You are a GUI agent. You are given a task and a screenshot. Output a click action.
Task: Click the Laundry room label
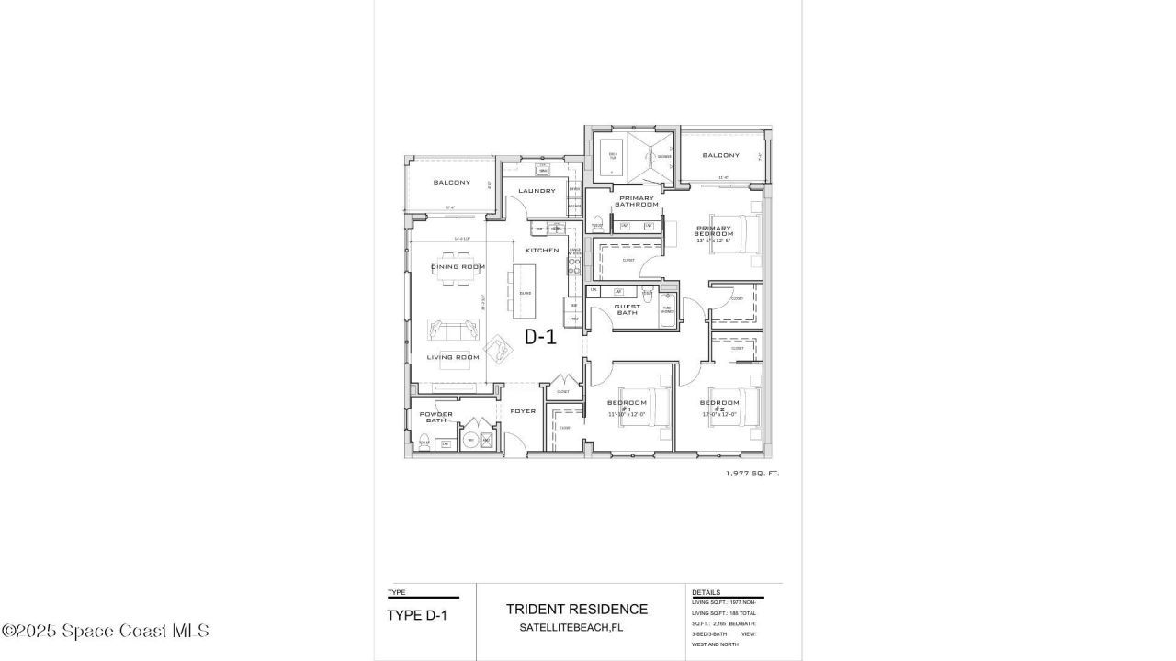click(537, 191)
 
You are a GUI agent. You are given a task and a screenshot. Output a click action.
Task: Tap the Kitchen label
click(542, 250)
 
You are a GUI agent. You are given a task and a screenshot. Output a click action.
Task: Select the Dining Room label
click(458, 267)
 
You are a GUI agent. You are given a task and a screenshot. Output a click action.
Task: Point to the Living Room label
click(454, 357)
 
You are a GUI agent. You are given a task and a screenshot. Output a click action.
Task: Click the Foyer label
click(523, 411)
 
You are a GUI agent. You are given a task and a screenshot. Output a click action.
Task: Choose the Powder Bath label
click(436, 417)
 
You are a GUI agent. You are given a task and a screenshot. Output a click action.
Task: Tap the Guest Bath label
click(628, 309)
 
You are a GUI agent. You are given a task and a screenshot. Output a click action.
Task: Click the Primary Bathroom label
click(636, 201)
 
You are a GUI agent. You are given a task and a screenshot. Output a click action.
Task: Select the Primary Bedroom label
click(714, 230)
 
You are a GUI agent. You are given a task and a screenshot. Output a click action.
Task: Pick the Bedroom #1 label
click(628, 406)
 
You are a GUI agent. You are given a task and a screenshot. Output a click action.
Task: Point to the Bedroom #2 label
click(719, 406)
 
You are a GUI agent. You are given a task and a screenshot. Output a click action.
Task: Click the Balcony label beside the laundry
click(452, 182)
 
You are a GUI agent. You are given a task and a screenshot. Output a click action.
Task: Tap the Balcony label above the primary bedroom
click(721, 155)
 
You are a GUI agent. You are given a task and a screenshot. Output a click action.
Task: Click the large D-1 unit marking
click(540, 337)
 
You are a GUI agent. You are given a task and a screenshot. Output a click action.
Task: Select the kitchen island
click(525, 291)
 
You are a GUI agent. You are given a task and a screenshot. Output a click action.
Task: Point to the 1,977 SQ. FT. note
click(752, 473)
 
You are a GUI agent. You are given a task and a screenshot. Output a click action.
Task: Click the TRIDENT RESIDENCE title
click(577, 609)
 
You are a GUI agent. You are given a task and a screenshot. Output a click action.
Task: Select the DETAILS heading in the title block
click(706, 592)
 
